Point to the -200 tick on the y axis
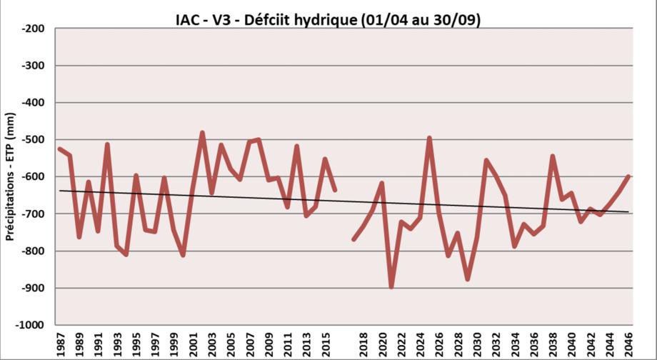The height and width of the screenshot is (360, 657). pyautogui.click(x=34, y=29)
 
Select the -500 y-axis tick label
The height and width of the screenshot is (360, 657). pyautogui.click(x=34, y=140)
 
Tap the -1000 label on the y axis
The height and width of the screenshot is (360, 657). pyautogui.click(x=31, y=325)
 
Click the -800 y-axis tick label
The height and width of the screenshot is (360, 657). pyautogui.click(x=34, y=251)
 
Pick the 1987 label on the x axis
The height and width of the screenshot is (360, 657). pyautogui.click(x=61, y=344)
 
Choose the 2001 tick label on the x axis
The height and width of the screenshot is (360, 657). pyautogui.click(x=193, y=344)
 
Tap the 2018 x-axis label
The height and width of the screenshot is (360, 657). pyautogui.click(x=363, y=344)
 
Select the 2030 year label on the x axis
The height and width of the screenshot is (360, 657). pyautogui.click(x=476, y=344)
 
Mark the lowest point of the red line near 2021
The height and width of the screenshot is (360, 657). pyautogui.click(x=391, y=287)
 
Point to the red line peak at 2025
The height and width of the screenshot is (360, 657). pyautogui.click(x=429, y=138)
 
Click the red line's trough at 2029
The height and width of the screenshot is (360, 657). pyautogui.click(x=467, y=279)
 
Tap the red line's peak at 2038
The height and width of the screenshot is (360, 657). pyautogui.click(x=552, y=156)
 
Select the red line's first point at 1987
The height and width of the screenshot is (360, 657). pyautogui.click(x=61, y=149)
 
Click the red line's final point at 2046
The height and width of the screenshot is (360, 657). pyautogui.click(x=628, y=176)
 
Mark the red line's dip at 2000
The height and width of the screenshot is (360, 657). pyautogui.click(x=184, y=255)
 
